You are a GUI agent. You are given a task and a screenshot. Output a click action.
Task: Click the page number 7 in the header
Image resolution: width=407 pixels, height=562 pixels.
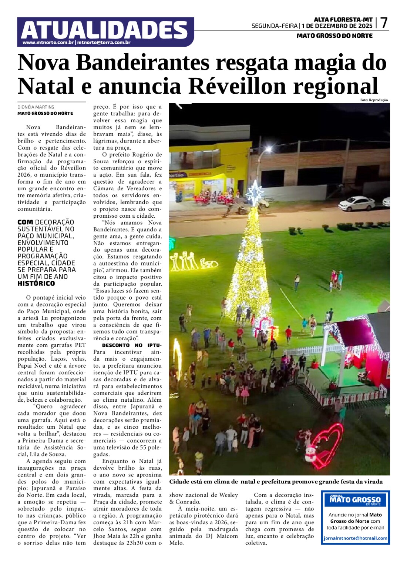pyautogui.click(x=384, y=23)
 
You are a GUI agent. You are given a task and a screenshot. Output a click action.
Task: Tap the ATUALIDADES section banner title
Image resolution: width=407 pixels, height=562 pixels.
pyautogui.click(x=104, y=30)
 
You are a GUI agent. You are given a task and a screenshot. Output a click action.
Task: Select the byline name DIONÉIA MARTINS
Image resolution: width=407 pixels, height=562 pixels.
pyautogui.click(x=36, y=107)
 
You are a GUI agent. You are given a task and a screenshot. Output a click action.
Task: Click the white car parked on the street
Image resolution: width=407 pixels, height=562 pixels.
pyautogui.click(x=357, y=203)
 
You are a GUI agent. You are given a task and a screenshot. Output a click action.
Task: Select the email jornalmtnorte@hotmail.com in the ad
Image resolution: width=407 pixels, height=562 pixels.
pyautogui.click(x=355, y=538)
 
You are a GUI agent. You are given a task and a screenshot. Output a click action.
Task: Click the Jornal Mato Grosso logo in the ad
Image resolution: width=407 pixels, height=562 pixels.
pyautogui.click(x=355, y=500)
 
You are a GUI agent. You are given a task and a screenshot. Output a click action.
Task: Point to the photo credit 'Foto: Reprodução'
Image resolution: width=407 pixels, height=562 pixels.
pyautogui.click(x=374, y=100)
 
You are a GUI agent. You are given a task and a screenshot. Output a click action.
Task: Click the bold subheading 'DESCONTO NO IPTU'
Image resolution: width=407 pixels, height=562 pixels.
pyautogui.click(x=131, y=345)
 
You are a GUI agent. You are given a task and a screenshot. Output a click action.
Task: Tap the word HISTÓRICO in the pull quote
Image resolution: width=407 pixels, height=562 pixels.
pyautogui.click(x=36, y=284)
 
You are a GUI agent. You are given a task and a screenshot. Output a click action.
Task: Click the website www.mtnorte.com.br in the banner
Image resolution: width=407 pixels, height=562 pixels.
pyautogui.click(x=48, y=43)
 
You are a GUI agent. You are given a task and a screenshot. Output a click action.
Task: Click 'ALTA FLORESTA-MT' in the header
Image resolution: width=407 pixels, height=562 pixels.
pyautogui.click(x=338, y=20)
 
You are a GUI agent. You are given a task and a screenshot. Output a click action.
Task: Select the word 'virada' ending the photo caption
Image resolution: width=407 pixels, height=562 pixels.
pyautogui.click(x=373, y=482)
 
